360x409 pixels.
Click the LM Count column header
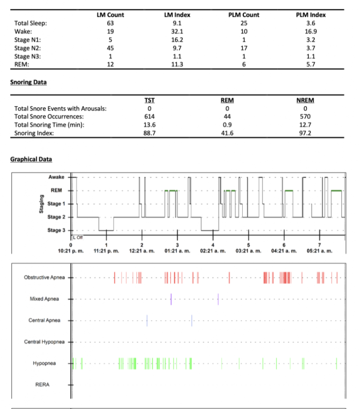110,15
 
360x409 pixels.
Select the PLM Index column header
311,15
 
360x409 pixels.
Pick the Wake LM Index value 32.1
177,32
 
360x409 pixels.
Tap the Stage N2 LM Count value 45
110,48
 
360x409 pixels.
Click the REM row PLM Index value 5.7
311,64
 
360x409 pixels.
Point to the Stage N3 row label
28,57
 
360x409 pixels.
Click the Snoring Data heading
28,82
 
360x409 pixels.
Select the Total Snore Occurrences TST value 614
149,117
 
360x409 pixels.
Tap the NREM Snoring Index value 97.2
305,133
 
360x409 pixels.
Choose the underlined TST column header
149,100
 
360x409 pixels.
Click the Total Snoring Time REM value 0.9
227,125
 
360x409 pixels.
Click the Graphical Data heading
31,159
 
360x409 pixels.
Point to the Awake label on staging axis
56,177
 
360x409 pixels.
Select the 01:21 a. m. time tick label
177,251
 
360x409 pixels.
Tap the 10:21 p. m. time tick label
71,251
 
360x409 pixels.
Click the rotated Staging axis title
41,204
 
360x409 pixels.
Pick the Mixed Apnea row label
44,299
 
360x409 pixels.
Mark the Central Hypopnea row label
44,342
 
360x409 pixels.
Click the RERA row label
42,385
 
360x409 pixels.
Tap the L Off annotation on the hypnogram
78,238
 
